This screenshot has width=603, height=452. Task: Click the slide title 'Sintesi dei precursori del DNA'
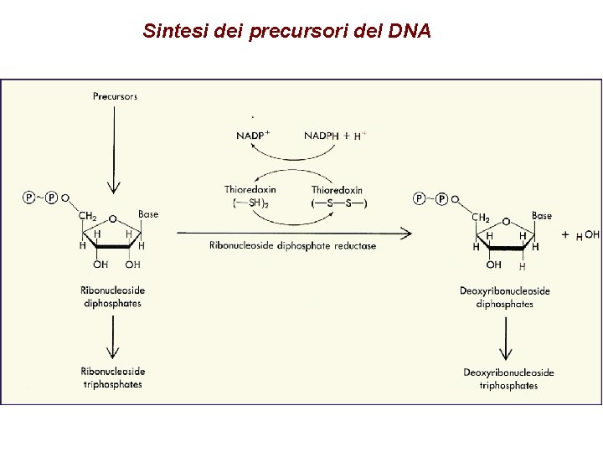pyautogui.click(x=286, y=32)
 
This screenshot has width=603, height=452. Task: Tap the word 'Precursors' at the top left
pyautogui.click(x=115, y=96)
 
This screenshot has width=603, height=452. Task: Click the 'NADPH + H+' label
pyautogui.click(x=335, y=136)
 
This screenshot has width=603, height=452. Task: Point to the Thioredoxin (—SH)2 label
pyautogui.click(x=250, y=196)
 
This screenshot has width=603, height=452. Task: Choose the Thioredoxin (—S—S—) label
pyautogui.click(x=338, y=197)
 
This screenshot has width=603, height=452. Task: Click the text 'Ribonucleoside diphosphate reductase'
pyautogui.click(x=293, y=245)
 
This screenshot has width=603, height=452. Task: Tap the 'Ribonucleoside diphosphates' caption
pyautogui.click(x=113, y=296)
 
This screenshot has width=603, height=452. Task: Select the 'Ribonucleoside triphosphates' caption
pyautogui.click(x=113, y=378)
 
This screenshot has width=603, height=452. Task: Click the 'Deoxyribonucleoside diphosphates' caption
pyautogui.click(x=505, y=297)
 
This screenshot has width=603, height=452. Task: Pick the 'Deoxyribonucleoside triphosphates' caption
pyautogui.click(x=508, y=378)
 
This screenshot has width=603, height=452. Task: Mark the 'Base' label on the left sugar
pyautogui.click(x=148, y=214)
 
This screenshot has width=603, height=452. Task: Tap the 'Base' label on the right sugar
pyautogui.click(x=542, y=215)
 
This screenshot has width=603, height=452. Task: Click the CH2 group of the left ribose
pyautogui.click(x=88, y=216)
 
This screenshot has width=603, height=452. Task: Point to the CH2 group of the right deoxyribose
pyautogui.click(x=482, y=218)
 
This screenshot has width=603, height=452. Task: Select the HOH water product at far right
pyautogui.click(x=586, y=236)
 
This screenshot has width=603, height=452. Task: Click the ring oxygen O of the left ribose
pyautogui.click(x=112, y=220)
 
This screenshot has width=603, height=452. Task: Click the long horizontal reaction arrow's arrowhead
pyautogui.click(x=407, y=232)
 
